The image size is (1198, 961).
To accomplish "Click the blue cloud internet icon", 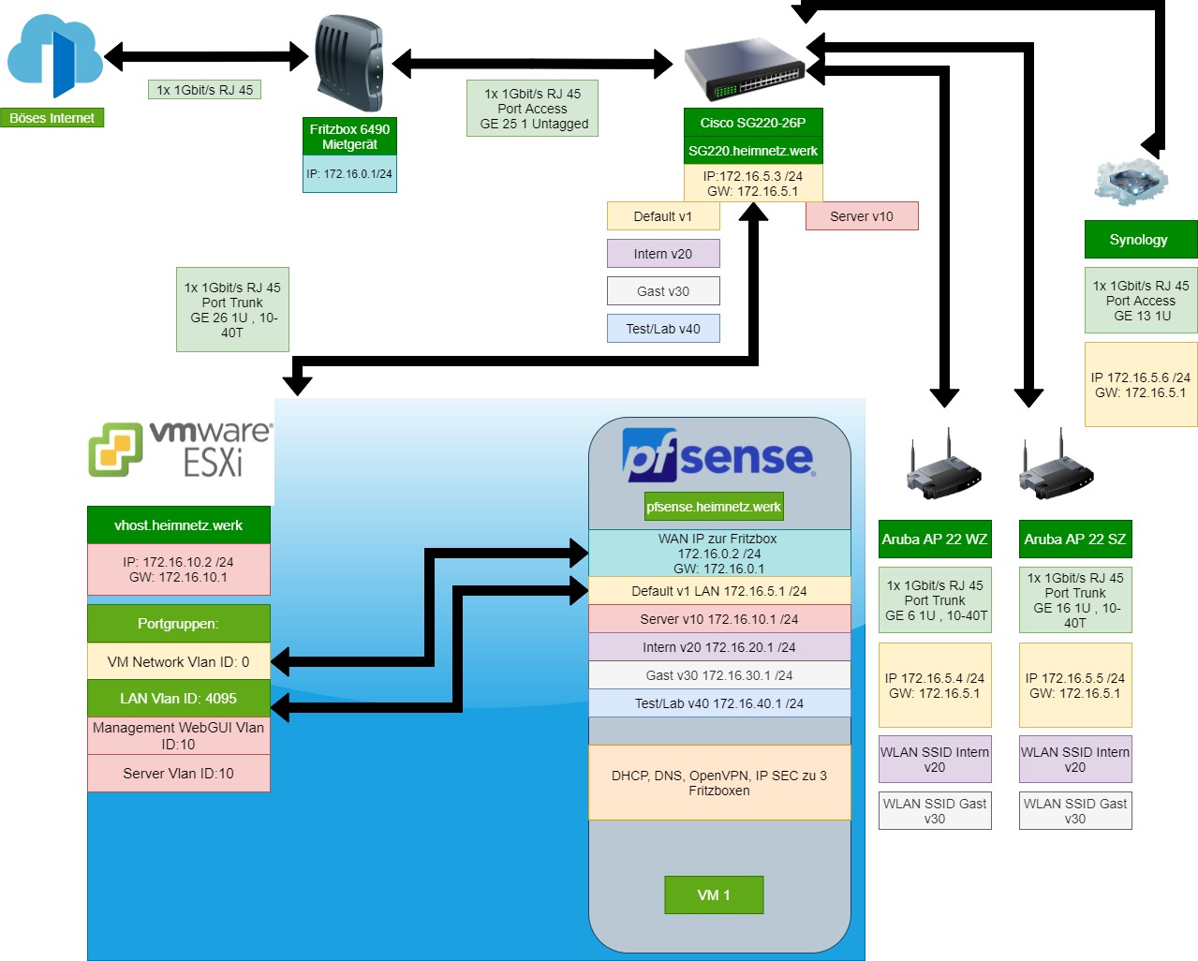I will coord(54,56).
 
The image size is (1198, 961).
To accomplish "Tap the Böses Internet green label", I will coord(52,118).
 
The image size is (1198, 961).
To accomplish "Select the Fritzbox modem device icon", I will coord(348,63).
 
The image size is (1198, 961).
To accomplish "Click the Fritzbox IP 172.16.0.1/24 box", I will coord(349,174).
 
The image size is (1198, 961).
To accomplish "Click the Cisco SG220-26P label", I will coord(753,123).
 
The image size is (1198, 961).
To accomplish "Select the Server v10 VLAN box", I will coord(862,216).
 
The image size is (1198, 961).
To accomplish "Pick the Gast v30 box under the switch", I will coord(663,291).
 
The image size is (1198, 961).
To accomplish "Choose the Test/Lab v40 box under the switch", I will coord(663,329).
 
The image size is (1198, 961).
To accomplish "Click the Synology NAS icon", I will coord(1131,181).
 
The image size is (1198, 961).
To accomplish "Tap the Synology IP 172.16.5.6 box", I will coord(1140,385).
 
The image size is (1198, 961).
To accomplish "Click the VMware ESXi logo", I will coord(181,449).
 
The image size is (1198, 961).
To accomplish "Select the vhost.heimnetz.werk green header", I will coord(178,525).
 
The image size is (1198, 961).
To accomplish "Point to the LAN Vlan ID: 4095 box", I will coord(178,699).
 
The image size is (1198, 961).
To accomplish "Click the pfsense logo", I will coord(718,455).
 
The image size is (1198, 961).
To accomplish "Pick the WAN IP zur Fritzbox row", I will coord(718,554).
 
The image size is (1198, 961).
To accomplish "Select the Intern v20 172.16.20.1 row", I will coord(718,647).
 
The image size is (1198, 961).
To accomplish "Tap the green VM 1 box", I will coord(714,895).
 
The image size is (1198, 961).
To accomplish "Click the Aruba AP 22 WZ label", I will coord(935,540).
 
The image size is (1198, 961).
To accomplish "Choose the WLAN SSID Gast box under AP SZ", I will coord(1075,811).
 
